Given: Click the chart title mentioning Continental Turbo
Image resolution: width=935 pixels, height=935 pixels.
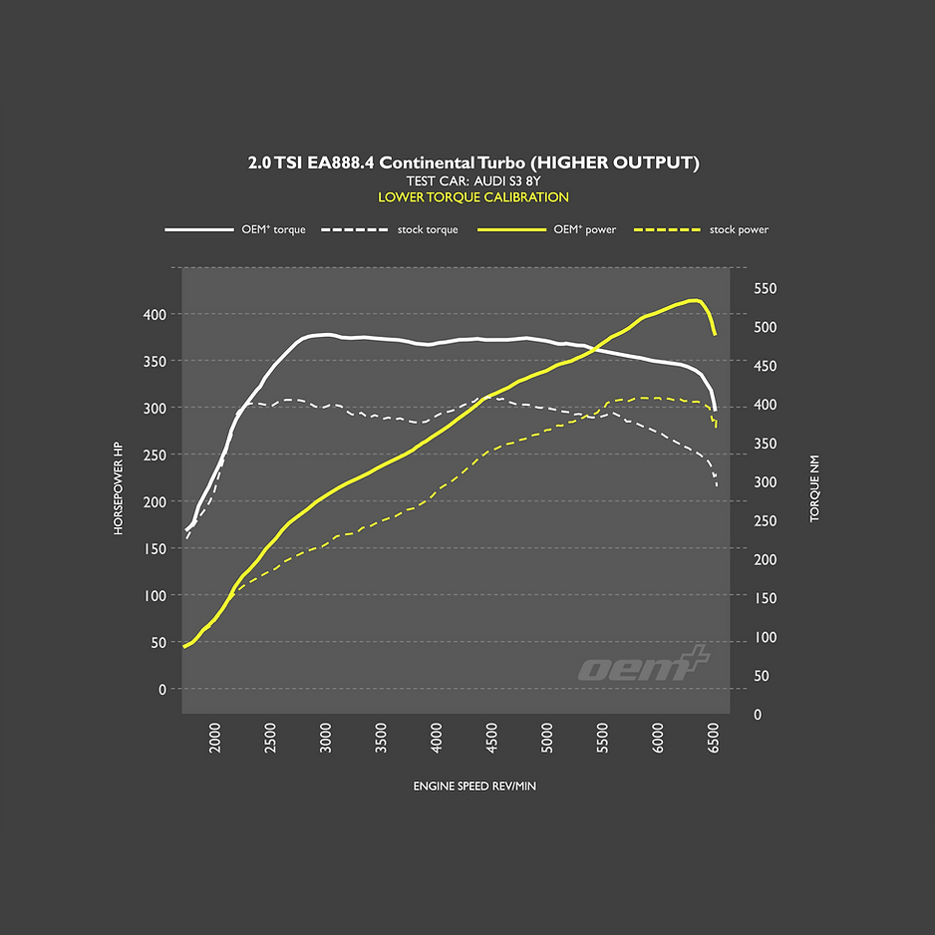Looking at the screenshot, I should click(472, 162).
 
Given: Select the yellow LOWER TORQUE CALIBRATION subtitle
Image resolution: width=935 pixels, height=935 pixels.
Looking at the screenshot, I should click(472, 197).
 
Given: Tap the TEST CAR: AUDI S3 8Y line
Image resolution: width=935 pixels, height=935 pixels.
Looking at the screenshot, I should click(472, 180).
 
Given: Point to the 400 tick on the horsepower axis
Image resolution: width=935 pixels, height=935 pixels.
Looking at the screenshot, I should click(153, 314).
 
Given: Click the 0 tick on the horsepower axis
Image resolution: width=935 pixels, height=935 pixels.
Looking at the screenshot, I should click(162, 689).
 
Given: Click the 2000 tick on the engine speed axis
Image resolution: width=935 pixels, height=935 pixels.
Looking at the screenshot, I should click(215, 743).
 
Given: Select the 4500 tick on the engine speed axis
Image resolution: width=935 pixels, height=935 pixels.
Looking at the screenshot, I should click(492, 743).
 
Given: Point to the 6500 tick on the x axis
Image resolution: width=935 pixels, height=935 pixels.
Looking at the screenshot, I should click(714, 743).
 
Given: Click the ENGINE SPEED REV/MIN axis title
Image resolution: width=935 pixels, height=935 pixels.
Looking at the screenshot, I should click(474, 786).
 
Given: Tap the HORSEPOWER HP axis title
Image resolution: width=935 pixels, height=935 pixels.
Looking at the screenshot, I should click(118, 488).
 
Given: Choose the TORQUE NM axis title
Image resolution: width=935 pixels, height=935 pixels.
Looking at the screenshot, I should click(814, 488).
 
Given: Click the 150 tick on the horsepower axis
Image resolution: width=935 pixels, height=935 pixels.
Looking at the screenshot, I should click(153, 548).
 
